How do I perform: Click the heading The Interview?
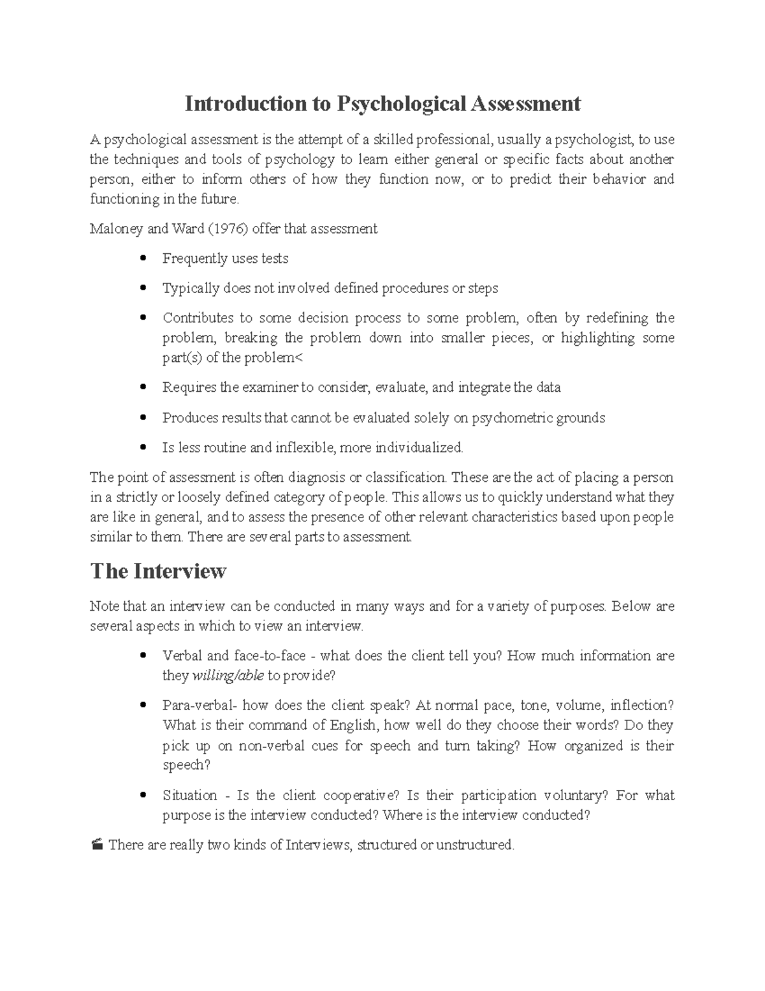(158, 570)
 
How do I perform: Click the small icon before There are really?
(96, 846)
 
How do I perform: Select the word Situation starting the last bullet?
(190, 796)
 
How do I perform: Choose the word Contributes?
(198, 318)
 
